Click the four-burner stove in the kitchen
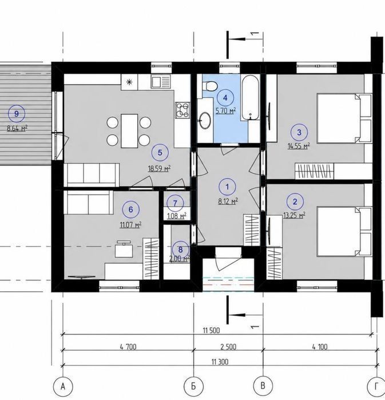point(182,110)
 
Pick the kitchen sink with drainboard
point(161,81)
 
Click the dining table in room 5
point(129,131)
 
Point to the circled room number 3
point(299,132)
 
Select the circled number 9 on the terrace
point(17,113)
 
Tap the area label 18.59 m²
point(160,169)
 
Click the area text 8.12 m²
point(228,201)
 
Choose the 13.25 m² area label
point(295,216)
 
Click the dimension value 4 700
point(128,347)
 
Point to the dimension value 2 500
point(228,347)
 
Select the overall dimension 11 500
point(211,331)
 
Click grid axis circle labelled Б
point(193,386)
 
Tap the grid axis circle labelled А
point(63,387)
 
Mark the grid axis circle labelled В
point(263,386)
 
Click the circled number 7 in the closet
point(175,203)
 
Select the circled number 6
point(131,209)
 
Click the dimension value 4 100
point(320,347)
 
